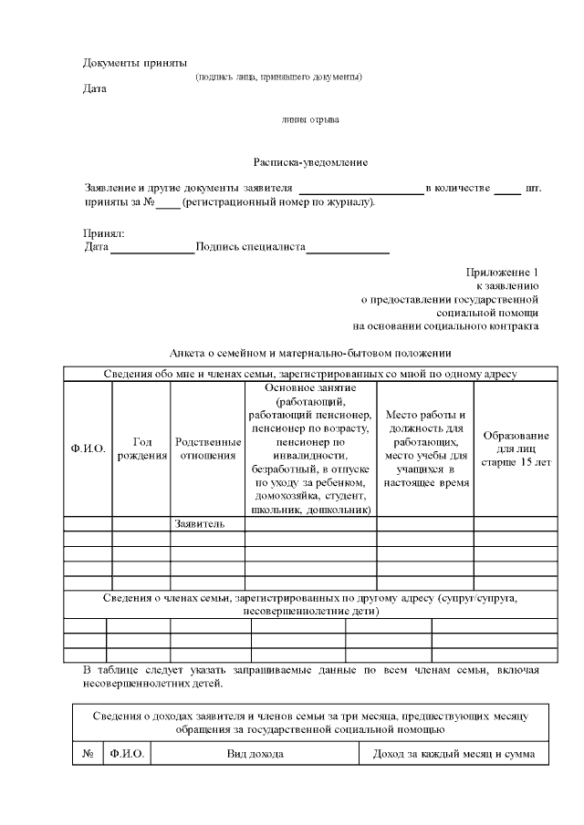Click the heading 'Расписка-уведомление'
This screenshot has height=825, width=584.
(310, 162)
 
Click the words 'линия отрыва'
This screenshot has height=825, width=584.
(310, 119)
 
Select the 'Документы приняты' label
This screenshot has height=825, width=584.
(135, 63)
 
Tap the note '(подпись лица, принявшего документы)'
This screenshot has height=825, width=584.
(278, 77)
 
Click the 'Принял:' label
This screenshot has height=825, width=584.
(104, 233)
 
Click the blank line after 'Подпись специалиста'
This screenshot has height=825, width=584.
(348, 249)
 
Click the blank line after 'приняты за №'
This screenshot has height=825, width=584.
(168, 204)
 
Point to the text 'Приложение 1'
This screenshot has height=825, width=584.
(502, 273)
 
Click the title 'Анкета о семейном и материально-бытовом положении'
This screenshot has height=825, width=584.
(310, 353)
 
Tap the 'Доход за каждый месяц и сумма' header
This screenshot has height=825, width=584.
(454, 755)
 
